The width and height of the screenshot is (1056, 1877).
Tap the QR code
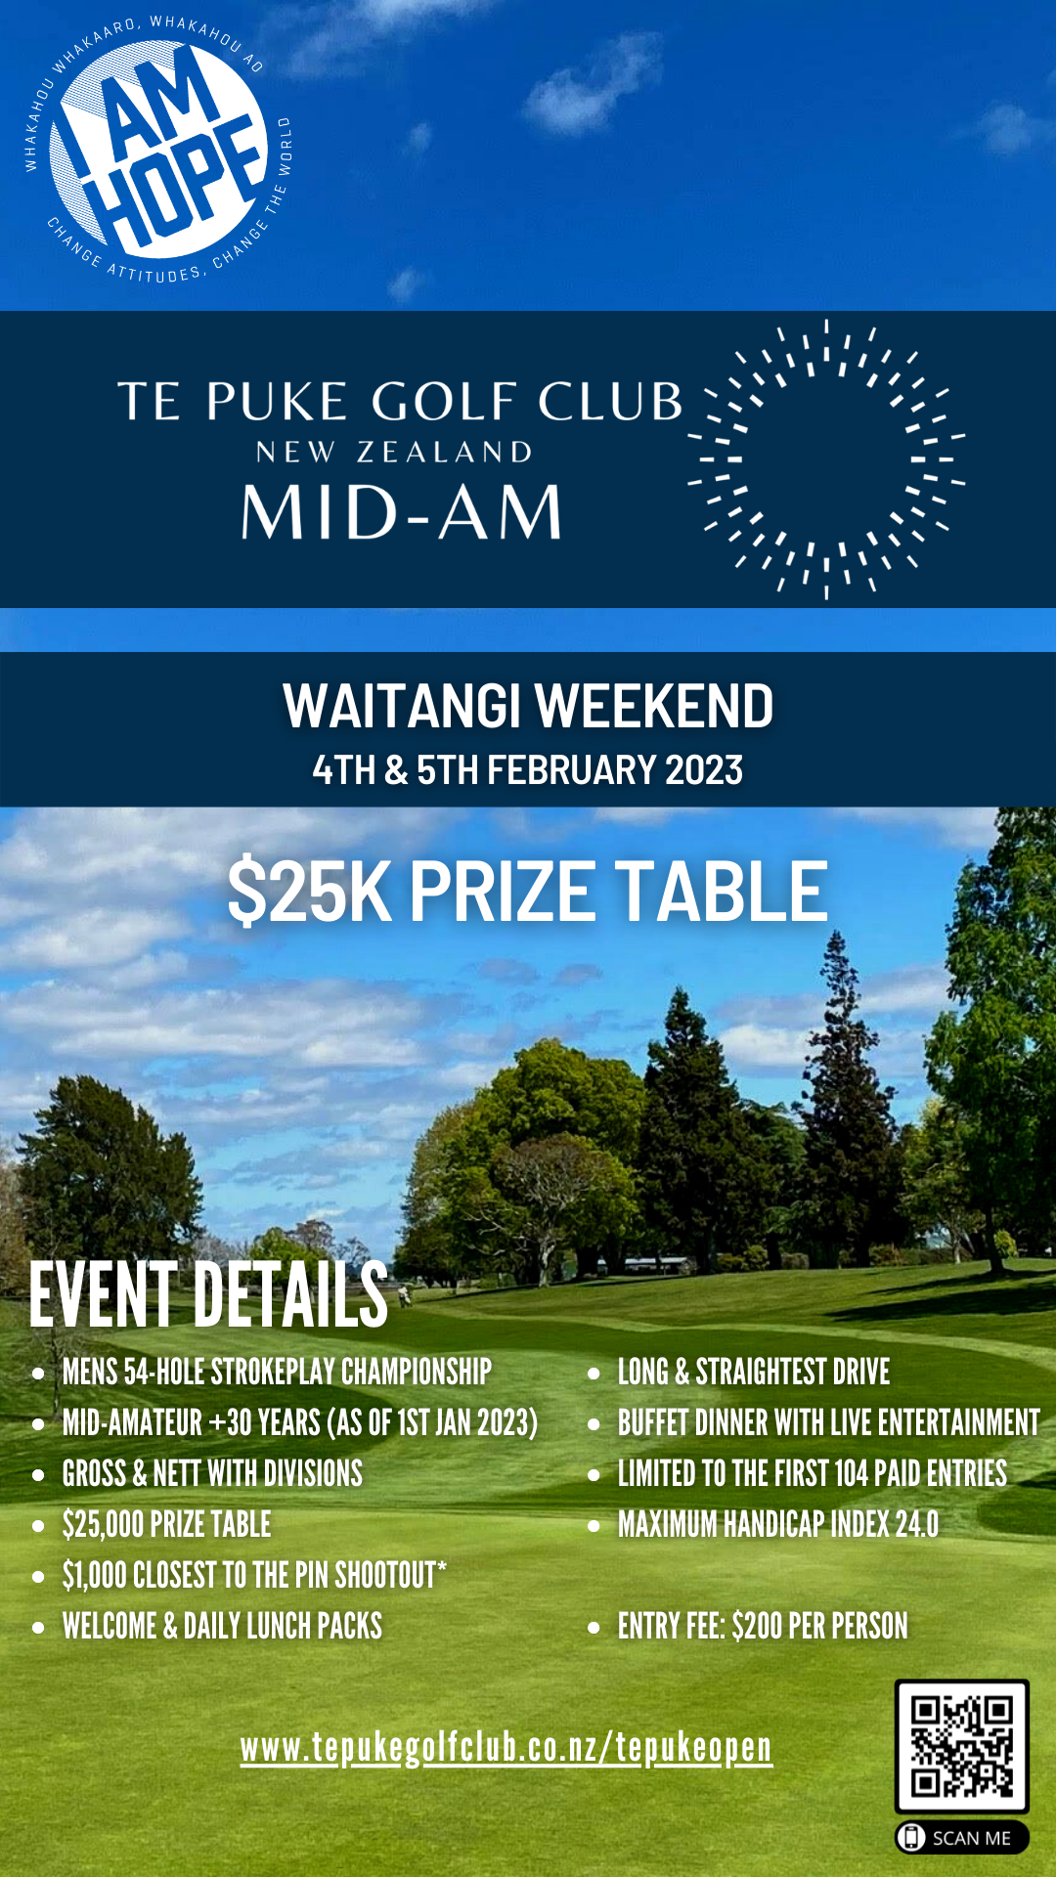[x=961, y=1746]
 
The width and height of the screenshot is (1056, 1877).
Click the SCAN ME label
[x=962, y=1838]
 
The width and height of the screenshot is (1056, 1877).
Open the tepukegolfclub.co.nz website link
[x=506, y=1748]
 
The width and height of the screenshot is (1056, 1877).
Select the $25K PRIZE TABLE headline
[x=528, y=892]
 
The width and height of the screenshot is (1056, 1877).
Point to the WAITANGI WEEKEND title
[x=528, y=706]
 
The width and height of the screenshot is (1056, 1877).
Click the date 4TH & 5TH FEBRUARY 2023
[x=528, y=770]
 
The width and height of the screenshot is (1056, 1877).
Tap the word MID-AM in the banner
[x=402, y=512]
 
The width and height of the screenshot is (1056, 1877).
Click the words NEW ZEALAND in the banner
[x=394, y=452]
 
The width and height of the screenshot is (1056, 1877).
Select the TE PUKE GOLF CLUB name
[x=400, y=401]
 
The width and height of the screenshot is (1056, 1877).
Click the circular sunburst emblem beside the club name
[x=826, y=458]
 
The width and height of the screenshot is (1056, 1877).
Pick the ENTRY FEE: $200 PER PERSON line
[x=763, y=1626]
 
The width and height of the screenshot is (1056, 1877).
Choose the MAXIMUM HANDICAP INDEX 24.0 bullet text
[x=777, y=1524]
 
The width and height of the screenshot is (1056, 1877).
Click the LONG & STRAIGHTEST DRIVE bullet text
[x=754, y=1372]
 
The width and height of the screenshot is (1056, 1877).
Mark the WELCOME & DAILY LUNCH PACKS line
[x=222, y=1626]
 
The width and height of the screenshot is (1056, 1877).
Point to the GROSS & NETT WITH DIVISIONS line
[x=212, y=1473]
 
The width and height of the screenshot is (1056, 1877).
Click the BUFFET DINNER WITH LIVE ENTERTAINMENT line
[x=828, y=1422]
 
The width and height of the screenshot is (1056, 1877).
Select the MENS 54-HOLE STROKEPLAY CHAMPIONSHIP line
[x=277, y=1372]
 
